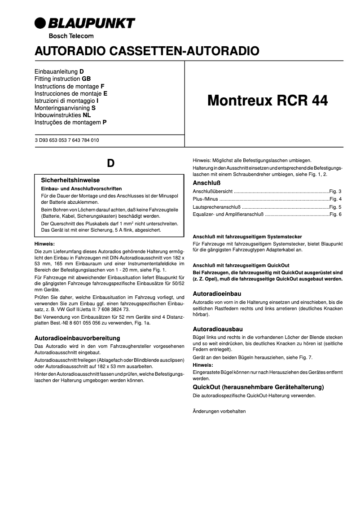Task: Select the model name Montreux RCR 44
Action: pyautogui.click(x=268, y=101)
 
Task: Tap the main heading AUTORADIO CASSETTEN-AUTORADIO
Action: pyautogui.click(x=147, y=51)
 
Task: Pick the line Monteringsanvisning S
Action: pyautogui.click(x=65, y=108)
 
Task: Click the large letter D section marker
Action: pyautogui.click(x=110, y=163)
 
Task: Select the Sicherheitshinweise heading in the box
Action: pyautogui.click(x=70, y=180)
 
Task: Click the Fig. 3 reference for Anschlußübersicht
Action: pyautogui.click(x=335, y=191)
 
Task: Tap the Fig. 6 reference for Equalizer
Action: pyautogui.click(x=335, y=215)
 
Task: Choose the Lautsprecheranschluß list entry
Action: pyautogui.click(x=215, y=207)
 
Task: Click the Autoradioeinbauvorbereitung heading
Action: pyautogui.click(x=77, y=338)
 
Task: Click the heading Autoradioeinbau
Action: pyautogui.click(x=217, y=293)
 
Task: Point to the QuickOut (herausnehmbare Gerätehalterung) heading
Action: pyautogui.click(x=258, y=387)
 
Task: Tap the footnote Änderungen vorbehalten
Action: pyautogui.click(x=219, y=411)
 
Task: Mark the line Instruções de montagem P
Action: pyautogui.click(x=70, y=122)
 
